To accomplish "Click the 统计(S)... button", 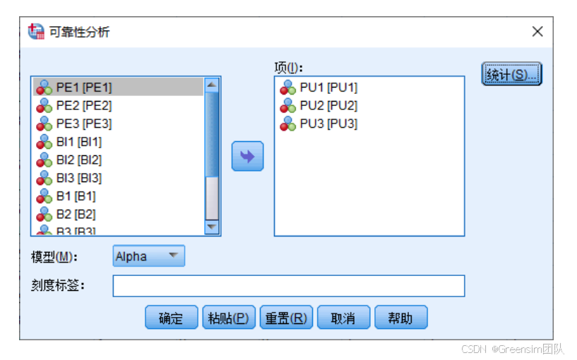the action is click(511, 74).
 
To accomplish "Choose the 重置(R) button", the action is click(285, 318).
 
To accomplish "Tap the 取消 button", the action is click(343, 318).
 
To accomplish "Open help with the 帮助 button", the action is click(400, 318).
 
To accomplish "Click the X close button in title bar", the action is click(537, 32).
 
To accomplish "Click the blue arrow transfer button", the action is click(247, 156).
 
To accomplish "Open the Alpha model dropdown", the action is click(148, 256).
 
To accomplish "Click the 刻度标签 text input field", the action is click(288, 286).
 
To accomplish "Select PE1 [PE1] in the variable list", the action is click(84, 88).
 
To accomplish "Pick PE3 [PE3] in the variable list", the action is click(84, 124).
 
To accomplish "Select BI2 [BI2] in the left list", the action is click(79, 160).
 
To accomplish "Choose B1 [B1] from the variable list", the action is click(76, 196).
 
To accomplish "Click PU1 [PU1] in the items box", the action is click(328, 88).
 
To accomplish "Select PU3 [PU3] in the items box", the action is click(328, 124).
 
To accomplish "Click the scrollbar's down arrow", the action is click(212, 227).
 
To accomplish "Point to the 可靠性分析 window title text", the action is click(79, 32).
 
